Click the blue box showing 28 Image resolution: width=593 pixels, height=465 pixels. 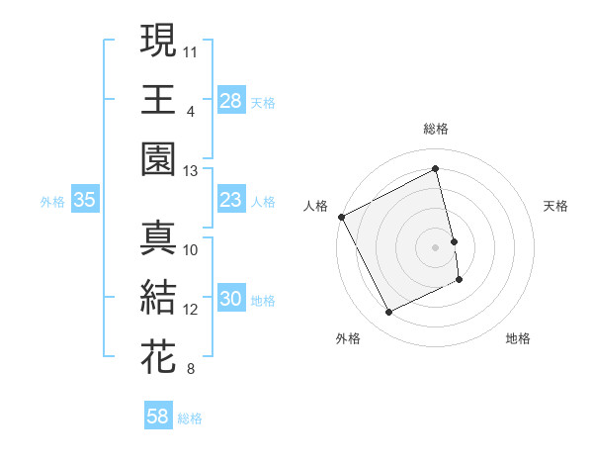pyautogui.click(x=231, y=100)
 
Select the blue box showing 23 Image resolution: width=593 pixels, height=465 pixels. pyautogui.click(x=231, y=201)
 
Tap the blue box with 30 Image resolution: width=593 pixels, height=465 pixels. pyautogui.click(x=231, y=300)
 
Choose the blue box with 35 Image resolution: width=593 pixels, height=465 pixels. pyautogui.click(x=85, y=201)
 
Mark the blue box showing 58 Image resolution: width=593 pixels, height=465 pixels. pyautogui.click(x=158, y=418)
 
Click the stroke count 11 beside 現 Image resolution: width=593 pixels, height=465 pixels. pyautogui.click(x=190, y=49)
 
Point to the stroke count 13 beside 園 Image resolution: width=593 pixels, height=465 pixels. pyautogui.click(x=190, y=170)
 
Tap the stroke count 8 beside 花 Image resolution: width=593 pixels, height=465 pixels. pyautogui.click(x=190, y=369)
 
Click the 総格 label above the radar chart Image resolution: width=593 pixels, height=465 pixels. pyautogui.click(x=436, y=130)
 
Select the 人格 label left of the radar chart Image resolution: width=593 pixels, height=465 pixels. pyautogui.click(x=316, y=206)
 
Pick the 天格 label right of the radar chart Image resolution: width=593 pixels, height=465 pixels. pyautogui.click(x=556, y=206)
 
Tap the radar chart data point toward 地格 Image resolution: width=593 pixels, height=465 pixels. pyautogui.click(x=461, y=281)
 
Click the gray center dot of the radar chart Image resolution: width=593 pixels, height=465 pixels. pyautogui.click(x=436, y=246)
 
